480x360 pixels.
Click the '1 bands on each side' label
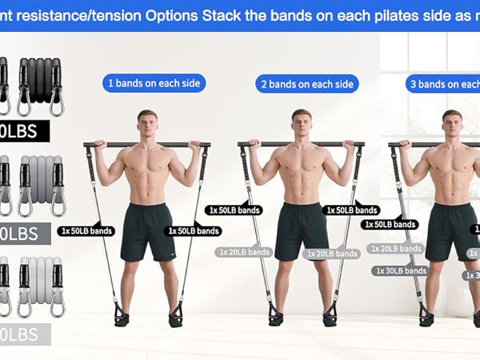(x=154, y=83)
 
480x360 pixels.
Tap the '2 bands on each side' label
(x=307, y=84)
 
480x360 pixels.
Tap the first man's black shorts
(x=147, y=231)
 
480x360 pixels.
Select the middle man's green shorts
(x=302, y=230)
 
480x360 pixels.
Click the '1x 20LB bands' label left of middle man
(x=244, y=252)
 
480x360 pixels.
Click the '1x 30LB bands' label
(x=399, y=271)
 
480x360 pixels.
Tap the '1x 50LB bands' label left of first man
(x=86, y=231)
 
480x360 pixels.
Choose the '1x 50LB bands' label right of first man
(x=194, y=231)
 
